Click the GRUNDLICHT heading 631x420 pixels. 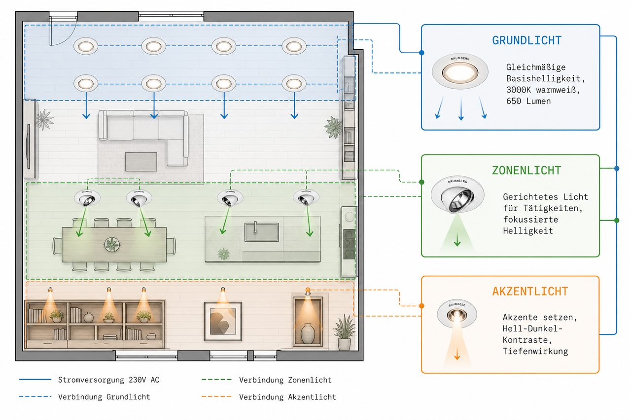[x=527, y=40]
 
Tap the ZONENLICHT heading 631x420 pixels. [x=526, y=170]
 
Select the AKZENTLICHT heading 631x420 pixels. [x=530, y=291]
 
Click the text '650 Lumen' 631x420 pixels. [x=528, y=101]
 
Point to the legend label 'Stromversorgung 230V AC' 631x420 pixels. [x=109, y=380]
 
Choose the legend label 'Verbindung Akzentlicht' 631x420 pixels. [x=287, y=397]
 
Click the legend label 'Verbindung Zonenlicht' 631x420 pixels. [x=285, y=380]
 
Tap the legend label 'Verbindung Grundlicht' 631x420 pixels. [x=104, y=397]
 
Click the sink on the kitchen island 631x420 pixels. [x=262, y=232]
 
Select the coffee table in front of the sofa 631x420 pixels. [x=141, y=162]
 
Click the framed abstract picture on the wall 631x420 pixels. [x=223, y=321]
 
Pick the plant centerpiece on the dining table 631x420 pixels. [x=112, y=244]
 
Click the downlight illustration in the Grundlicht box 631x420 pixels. [x=460, y=72]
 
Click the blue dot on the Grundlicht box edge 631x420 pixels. [x=421, y=53]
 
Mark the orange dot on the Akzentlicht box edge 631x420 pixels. [x=421, y=306]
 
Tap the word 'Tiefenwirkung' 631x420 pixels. [x=535, y=352]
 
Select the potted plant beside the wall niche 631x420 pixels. [x=344, y=332]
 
